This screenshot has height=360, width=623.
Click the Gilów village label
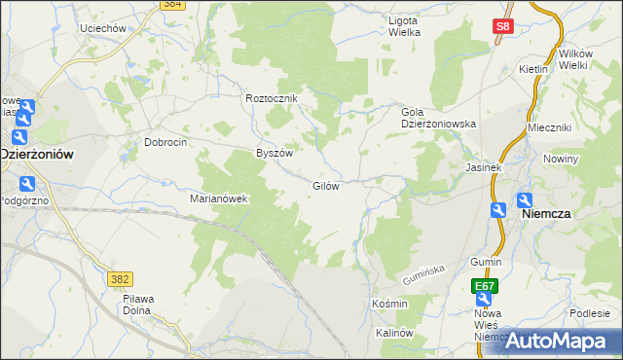325,186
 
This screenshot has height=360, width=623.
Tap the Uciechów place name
105,28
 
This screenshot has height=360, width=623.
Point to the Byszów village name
274,153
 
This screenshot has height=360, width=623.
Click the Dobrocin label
165,141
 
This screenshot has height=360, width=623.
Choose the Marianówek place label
220,198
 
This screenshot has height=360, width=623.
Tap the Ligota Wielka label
404,26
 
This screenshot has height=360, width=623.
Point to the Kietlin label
534,70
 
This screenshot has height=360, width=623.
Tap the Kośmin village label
389,304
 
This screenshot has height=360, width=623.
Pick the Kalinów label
395,333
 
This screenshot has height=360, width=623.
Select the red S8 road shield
502,29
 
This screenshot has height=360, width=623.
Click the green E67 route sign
485,286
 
